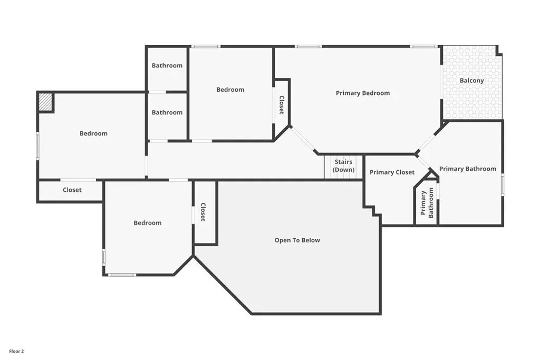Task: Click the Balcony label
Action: pos(471,81)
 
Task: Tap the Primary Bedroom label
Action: pos(363,93)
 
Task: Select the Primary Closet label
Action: pos(392,172)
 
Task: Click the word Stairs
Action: pos(343,162)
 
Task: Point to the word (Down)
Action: pos(343,170)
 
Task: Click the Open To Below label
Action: pos(297,240)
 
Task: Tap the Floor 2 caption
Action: pos(16,352)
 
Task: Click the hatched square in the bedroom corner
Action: pos(45,102)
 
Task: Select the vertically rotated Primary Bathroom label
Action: pos(427,203)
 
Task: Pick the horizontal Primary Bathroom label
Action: pos(468,169)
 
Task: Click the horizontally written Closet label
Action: pos(72,190)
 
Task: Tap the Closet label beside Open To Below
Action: pos(203,212)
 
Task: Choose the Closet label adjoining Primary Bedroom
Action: pos(282,105)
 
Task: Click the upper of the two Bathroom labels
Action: pos(167,65)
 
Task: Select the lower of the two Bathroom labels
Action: pos(167,113)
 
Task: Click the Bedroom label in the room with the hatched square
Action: pos(93,133)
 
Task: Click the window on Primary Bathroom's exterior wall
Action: pos(503,185)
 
